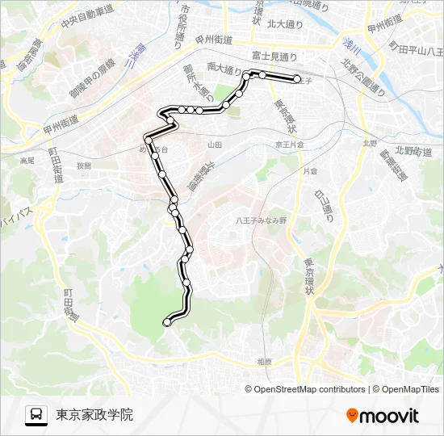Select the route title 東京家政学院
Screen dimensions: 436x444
[94, 415]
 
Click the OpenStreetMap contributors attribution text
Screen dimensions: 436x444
[309, 389]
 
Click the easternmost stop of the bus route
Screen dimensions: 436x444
[297, 78]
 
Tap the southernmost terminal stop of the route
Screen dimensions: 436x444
[168, 322]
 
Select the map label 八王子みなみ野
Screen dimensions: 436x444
[261, 220]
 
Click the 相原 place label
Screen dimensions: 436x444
[264, 361]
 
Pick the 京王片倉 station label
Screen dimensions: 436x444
[288, 145]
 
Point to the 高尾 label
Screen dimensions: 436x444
[27, 161]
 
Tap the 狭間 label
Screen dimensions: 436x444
[85, 165]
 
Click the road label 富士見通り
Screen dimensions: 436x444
[274, 57]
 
